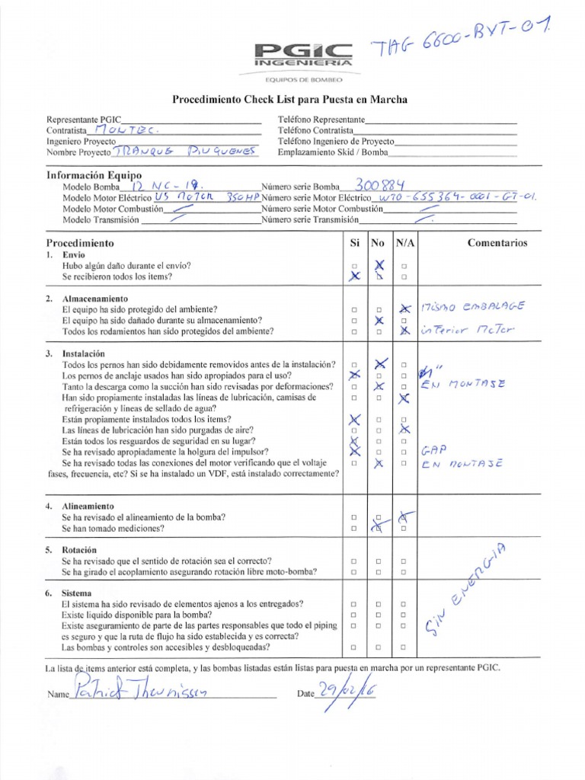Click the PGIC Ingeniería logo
click(x=304, y=55)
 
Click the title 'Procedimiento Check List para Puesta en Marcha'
click(x=289, y=100)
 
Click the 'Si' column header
click(x=354, y=243)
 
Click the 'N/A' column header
click(x=404, y=243)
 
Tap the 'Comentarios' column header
click(x=497, y=243)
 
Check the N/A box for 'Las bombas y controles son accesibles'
click(x=404, y=647)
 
